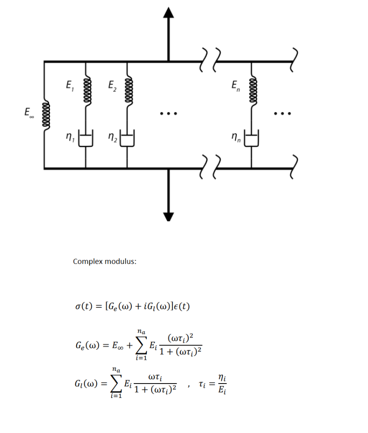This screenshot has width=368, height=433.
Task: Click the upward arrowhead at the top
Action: [x=169, y=13]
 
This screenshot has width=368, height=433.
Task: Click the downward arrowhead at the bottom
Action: [x=169, y=216]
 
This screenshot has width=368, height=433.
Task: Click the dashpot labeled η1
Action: [x=86, y=139]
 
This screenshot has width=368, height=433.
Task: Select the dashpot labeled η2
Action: [x=128, y=139]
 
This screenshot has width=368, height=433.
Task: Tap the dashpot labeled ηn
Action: [x=252, y=139]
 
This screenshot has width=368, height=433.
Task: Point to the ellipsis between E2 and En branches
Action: [x=169, y=113]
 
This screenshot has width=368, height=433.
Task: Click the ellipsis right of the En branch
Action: [x=282, y=113]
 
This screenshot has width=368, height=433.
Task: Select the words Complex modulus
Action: [x=105, y=261]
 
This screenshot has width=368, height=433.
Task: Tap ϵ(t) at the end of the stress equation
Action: [x=180, y=306]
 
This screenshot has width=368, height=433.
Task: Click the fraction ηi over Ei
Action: [x=221, y=384]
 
